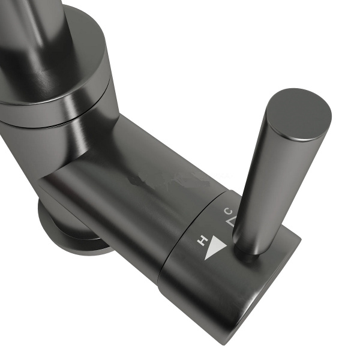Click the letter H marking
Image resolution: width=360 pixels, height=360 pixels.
(203, 241)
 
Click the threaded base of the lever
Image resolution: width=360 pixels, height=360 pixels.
(248, 254)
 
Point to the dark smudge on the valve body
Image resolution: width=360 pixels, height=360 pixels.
(147, 181)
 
